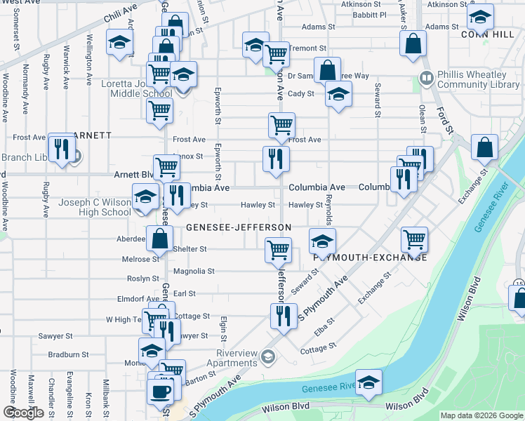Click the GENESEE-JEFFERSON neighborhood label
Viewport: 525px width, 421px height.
point(239,227)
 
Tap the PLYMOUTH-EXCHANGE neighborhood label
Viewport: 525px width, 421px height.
point(370,258)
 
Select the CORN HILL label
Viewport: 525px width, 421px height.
point(484,33)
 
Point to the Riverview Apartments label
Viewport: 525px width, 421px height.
point(226,358)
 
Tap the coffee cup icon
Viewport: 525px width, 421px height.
point(161,392)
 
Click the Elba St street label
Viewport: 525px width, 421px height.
point(324,326)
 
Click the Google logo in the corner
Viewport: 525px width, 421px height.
point(22,413)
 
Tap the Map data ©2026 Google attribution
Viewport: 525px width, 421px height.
point(481,415)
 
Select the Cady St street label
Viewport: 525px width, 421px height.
point(300,93)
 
